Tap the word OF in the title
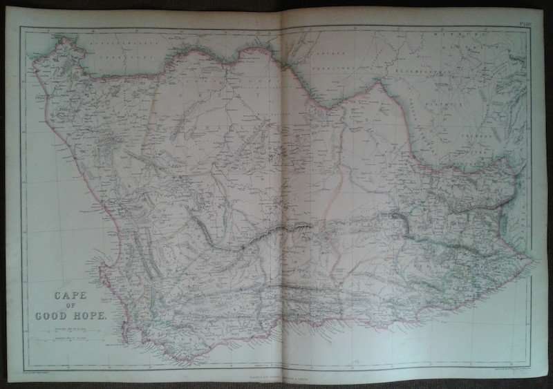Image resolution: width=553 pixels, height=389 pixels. point(71,305)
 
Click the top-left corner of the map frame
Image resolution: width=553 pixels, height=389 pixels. point(21,28)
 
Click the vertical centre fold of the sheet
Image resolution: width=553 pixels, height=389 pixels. point(282,193)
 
